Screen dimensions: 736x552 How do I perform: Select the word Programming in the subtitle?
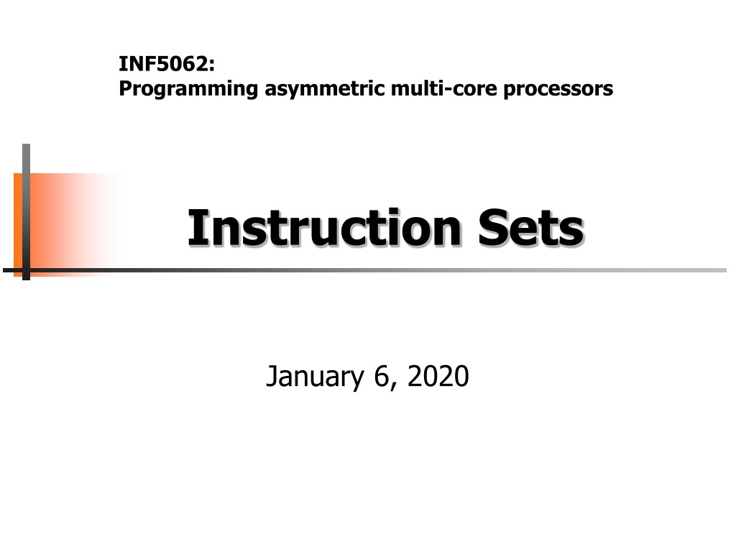coord(188,89)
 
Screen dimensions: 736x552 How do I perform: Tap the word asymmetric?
coord(324,89)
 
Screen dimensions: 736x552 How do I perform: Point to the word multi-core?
coord(443,88)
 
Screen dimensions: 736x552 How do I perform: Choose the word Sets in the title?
coord(531,227)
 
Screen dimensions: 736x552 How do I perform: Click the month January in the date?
coord(315,377)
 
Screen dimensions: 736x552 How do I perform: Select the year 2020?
coord(438,376)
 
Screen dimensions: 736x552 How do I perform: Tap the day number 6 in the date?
coord(381,376)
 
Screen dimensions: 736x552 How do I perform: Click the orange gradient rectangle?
coord(65,225)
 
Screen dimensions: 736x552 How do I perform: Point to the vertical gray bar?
coord(27,212)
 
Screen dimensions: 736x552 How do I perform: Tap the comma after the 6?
coord(393,386)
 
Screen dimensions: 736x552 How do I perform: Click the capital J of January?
coord(272,377)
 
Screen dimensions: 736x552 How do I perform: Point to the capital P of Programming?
coord(125,88)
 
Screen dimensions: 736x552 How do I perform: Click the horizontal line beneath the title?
coord(364,270)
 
